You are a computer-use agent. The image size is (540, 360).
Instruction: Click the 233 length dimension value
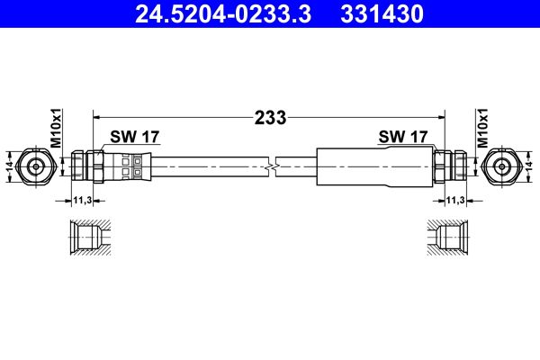point(270,116)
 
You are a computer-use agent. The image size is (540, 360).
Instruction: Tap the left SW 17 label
point(134,137)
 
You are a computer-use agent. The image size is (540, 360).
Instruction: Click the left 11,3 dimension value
point(82,201)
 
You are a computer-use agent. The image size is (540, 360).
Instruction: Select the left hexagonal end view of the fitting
point(36,166)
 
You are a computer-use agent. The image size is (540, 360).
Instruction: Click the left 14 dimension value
point(9,166)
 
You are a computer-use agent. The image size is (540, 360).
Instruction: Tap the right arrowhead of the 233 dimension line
point(441,116)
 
